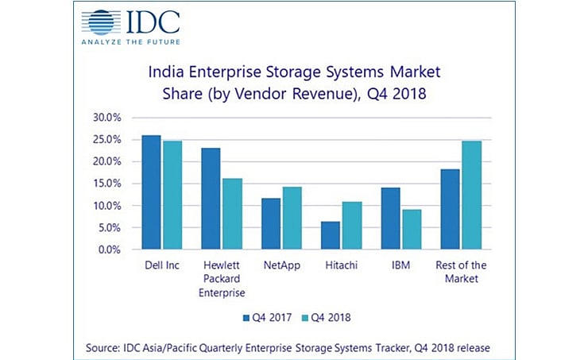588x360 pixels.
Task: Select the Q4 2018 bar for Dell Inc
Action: click(172, 195)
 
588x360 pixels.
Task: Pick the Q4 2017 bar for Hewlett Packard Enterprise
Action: click(210, 199)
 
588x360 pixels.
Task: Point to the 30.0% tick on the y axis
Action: click(106, 117)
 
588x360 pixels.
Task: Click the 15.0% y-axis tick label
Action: click(106, 184)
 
